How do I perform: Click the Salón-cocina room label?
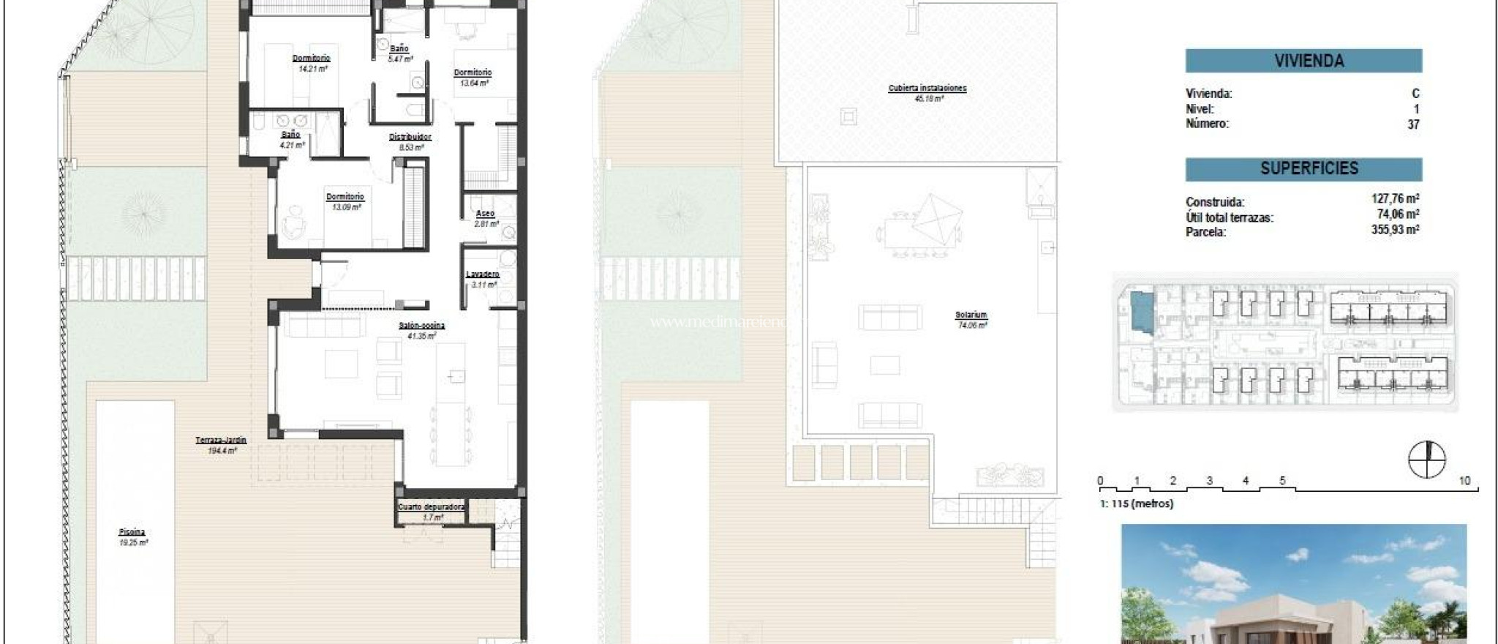[422, 326]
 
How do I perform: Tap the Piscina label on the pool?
[132, 532]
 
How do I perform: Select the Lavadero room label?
[483, 274]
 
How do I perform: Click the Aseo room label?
[486, 214]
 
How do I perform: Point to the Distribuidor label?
[410, 137]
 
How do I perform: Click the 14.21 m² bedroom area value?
[312, 69]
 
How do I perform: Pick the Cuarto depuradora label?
[432, 506]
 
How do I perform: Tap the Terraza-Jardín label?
[221, 440]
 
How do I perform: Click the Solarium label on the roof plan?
[971, 315]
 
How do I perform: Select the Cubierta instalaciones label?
[927, 88]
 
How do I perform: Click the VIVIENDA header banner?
[1303, 61]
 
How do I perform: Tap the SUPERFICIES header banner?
[1303, 169]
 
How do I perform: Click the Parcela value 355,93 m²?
[1395, 230]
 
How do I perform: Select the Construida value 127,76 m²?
[1395, 198]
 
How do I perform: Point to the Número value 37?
[1413, 124]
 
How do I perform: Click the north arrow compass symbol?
[1426, 460]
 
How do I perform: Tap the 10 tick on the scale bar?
[1464, 481]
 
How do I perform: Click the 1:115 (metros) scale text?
[1136, 503]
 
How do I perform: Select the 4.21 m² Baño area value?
[292, 145]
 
